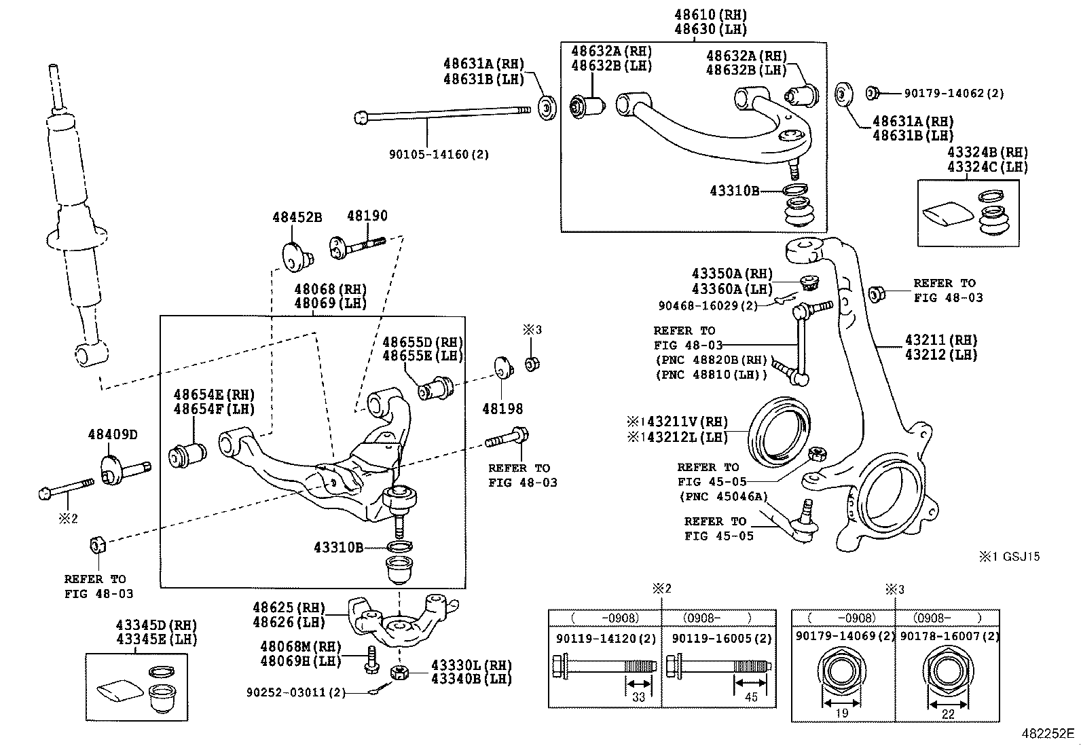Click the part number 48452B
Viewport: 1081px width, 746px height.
297,217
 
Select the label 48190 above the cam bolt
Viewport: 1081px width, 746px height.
367,216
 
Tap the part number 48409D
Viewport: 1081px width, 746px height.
112,434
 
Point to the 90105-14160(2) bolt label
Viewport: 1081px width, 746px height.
439,154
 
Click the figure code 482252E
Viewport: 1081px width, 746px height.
1048,734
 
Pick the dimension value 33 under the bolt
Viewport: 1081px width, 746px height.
638,697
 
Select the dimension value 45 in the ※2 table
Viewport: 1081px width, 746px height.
751,697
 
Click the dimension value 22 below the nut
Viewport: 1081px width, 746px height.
948,713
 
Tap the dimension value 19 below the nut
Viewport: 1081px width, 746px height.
841,713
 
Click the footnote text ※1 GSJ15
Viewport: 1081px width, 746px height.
1009,557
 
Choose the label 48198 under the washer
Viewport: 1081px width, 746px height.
502,409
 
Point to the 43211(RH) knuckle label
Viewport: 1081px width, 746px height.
940,339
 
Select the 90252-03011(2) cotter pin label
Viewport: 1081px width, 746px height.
296,692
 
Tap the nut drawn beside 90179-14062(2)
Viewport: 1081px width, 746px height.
874,93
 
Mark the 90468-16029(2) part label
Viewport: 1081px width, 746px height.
708,306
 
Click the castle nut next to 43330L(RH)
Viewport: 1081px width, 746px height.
400,672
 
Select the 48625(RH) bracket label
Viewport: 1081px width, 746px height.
289,608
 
